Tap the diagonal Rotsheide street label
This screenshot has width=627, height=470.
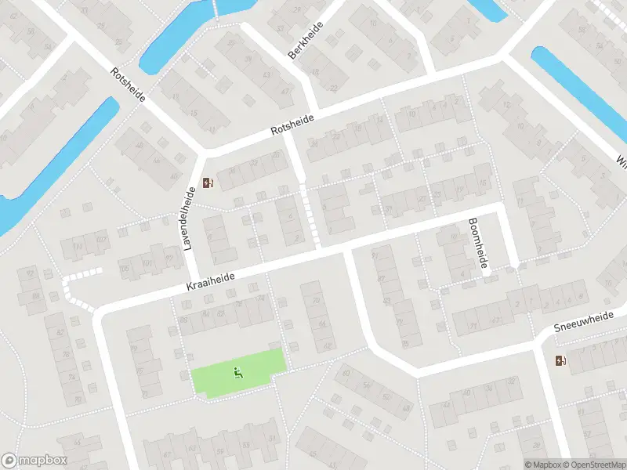pos(129,85)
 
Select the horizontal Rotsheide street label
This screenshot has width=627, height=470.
pos(292,123)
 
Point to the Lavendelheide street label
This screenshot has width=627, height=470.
pos(189,219)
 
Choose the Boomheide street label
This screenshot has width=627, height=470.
pos(477,244)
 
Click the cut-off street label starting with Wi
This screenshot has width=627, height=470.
pos(622,163)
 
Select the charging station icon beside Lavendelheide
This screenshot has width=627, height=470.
pos(208,183)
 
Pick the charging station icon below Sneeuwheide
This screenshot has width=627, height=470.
pos(560,360)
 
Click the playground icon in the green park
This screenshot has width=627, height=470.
pos(237,373)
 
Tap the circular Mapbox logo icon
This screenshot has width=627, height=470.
pos(9,461)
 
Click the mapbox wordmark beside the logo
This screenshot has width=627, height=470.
pos(43,461)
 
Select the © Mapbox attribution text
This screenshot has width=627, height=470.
pos(543,465)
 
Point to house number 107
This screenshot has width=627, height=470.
pos(101,239)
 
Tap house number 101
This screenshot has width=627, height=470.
pos(146,263)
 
